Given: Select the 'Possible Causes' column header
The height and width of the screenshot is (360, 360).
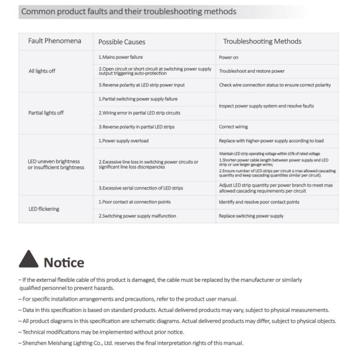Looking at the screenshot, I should point(122,42).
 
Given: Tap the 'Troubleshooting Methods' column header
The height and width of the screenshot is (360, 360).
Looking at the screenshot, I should point(262,41).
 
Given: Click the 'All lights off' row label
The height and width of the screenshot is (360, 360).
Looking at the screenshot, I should point(42,71).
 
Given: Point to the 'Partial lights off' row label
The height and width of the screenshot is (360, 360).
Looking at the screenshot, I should point(46,112).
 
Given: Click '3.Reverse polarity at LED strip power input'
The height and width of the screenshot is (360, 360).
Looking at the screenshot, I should point(142,85).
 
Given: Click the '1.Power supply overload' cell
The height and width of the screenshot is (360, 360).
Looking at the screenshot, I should point(123,140).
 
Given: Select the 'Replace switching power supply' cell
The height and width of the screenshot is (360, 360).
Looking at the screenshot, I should point(251,215).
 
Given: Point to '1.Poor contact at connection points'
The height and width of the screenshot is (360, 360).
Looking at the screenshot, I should point(134,202).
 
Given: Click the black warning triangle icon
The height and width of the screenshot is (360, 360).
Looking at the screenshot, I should point(28,260).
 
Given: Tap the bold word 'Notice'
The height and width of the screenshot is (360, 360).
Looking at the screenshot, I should point(64,262).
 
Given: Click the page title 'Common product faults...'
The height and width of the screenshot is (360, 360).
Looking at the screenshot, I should point(128,11).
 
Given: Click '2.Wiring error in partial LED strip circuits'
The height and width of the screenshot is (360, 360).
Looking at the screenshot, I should point(139,113).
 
